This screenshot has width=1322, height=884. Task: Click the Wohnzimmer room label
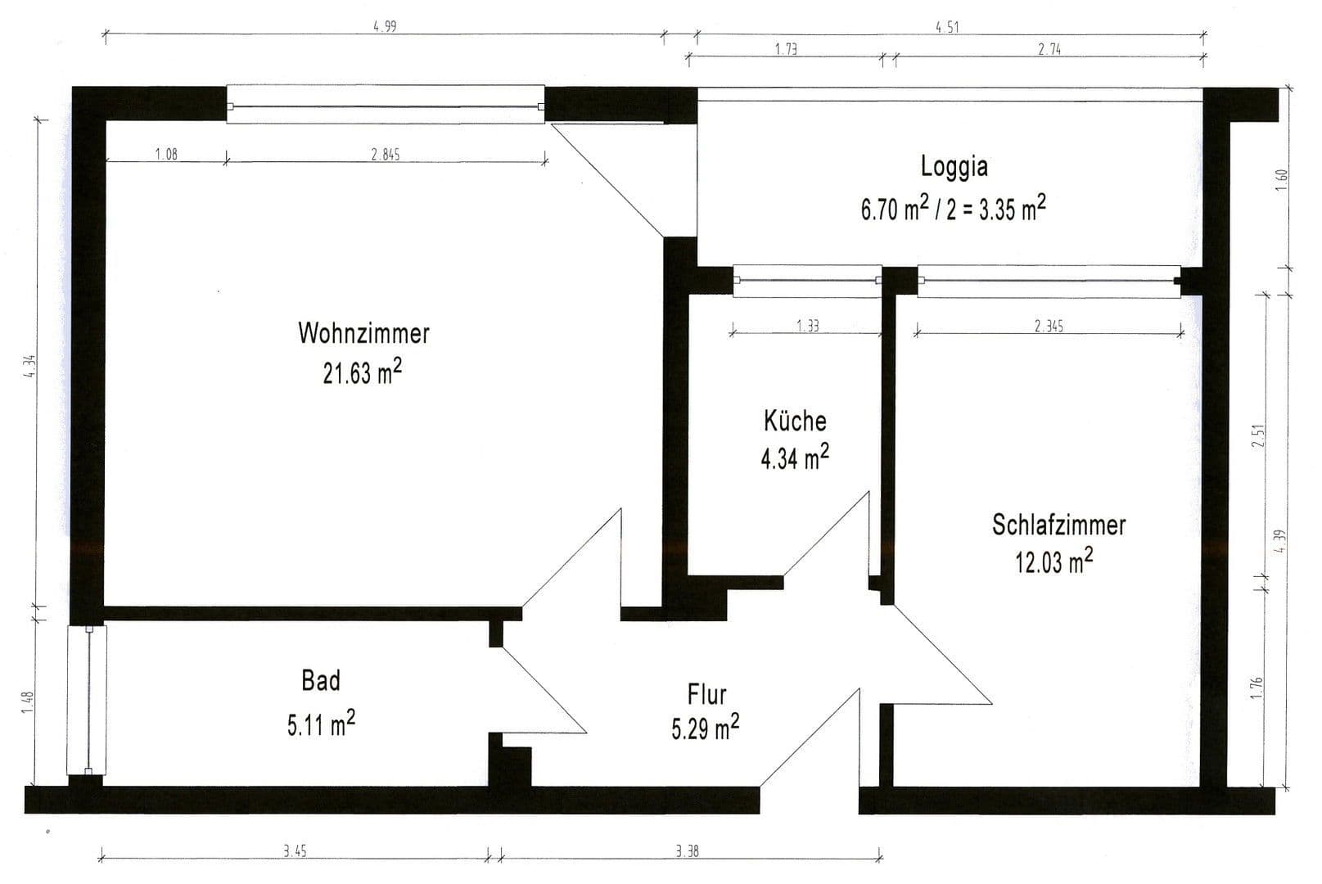363,333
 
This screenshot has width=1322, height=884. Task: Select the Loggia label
954,166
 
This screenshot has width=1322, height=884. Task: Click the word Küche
795,421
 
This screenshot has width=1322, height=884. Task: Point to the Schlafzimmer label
1058,525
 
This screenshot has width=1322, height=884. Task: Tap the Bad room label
321,680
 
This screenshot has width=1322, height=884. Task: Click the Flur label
706,695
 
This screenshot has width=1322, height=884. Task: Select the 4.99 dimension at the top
384,26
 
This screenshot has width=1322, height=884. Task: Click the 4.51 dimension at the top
946,27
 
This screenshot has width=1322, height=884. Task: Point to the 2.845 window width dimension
385,154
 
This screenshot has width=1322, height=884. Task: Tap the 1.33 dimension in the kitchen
807,326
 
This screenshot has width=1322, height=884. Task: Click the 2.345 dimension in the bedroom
1048,326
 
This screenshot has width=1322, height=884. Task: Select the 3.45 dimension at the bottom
295,851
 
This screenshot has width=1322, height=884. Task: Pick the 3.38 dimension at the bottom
687,851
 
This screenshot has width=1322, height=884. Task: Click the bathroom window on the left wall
86,700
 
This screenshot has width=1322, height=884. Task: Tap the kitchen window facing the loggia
807,281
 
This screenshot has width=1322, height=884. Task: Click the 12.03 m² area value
1054,562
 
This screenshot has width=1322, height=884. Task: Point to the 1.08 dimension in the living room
166,154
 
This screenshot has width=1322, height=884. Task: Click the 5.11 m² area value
320,724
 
